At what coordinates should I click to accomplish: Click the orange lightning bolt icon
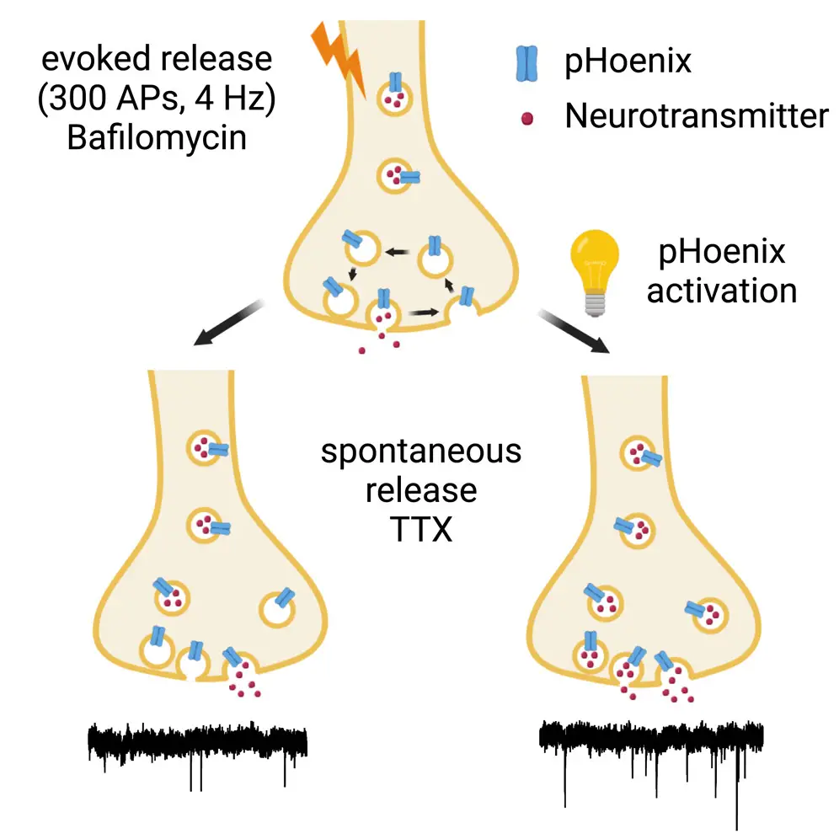click(339, 58)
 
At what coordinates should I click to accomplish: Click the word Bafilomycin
click(157, 136)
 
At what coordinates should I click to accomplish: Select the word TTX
click(420, 530)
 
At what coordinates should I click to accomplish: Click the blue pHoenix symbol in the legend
click(526, 62)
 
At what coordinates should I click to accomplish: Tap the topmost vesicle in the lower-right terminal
click(637, 455)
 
